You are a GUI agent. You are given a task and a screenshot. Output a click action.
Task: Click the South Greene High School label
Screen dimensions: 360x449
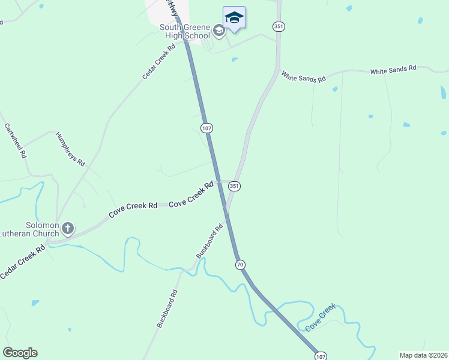(185, 31)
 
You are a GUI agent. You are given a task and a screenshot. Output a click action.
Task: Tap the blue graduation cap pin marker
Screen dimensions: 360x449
(234, 19)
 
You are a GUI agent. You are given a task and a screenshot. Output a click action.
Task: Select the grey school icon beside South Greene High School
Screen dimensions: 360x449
(219, 30)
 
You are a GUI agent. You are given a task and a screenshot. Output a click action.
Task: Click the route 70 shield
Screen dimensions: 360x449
(240, 264)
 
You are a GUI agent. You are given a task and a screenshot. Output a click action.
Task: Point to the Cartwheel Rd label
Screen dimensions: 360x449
(16, 140)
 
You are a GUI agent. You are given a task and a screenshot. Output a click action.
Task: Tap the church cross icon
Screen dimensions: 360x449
(68, 228)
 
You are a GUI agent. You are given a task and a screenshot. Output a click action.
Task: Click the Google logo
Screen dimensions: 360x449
(20, 353)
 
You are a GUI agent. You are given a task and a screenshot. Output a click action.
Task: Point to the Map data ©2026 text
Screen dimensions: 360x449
(423, 355)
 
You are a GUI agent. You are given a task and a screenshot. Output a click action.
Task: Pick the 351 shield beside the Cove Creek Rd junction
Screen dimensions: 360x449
(234, 187)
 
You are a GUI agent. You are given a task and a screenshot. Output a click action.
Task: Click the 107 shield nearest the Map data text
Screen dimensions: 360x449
(321, 356)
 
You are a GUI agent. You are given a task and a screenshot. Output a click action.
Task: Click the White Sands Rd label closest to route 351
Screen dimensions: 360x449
(303, 77)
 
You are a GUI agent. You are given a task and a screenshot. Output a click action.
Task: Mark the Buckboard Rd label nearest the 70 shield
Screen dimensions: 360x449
(209, 241)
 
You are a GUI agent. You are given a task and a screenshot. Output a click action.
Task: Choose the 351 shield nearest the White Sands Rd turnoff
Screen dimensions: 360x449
(278, 26)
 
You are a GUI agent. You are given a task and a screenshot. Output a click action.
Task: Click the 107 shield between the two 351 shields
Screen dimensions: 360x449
(207, 128)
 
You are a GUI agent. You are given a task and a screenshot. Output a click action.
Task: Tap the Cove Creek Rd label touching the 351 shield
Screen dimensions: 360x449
(191, 195)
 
